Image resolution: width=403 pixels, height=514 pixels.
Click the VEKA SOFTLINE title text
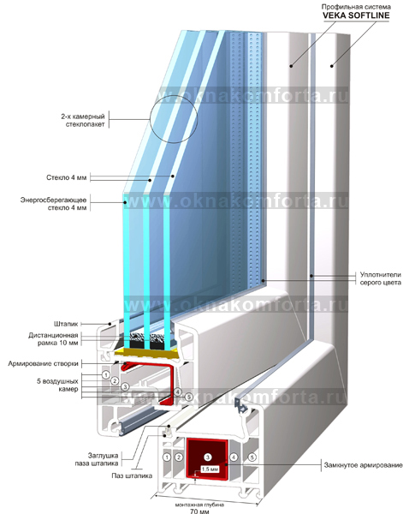(356, 15)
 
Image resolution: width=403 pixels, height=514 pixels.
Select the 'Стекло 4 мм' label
(67, 177)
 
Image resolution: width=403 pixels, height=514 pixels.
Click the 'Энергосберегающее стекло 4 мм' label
(54, 204)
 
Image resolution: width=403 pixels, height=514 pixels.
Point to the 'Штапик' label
(66, 324)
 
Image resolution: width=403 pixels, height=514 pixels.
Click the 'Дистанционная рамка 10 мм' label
(53, 339)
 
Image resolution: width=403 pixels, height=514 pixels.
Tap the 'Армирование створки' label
(44, 363)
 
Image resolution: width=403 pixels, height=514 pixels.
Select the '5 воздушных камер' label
(57, 385)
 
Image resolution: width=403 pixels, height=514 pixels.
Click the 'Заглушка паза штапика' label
(97, 459)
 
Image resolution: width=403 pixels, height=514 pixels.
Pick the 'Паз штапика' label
(132, 475)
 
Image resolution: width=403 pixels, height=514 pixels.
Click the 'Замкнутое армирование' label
(363, 465)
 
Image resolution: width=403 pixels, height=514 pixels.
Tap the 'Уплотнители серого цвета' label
(381, 278)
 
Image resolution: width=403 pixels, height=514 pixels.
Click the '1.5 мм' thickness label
(210, 469)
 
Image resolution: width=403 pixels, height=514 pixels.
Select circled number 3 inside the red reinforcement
(208, 457)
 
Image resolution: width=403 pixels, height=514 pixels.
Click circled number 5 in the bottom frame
(252, 457)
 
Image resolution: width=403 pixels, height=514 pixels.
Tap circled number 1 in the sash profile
(106, 374)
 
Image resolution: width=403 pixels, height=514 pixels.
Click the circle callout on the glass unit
(174, 119)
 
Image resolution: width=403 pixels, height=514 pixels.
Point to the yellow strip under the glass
(146, 353)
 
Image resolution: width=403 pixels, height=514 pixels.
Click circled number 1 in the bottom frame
(167, 457)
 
